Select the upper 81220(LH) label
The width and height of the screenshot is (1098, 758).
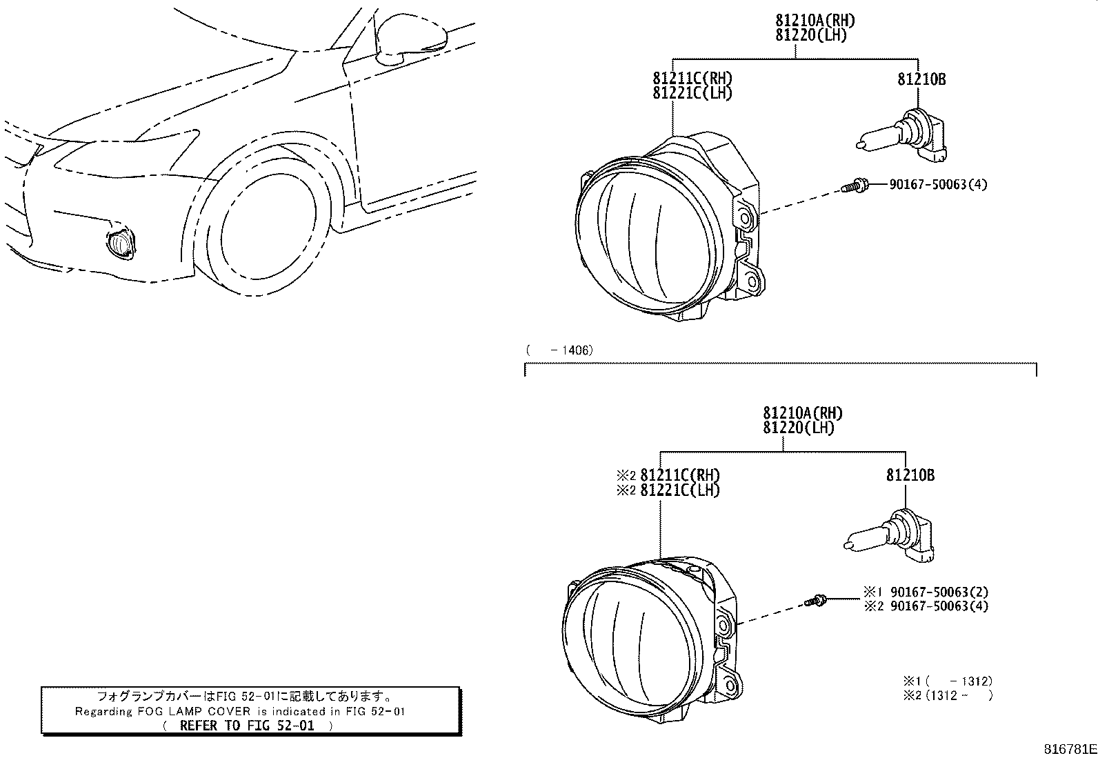coord(810,35)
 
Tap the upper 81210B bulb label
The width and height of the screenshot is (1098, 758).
coord(921,80)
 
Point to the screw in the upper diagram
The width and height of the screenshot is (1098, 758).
coord(853,186)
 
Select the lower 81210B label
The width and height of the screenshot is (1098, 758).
coord(910,476)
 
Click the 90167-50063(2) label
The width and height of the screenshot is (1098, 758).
coord(939,592)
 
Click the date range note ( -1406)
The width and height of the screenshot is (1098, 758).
coord(559,350)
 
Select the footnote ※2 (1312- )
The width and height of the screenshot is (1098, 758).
coord(948,695)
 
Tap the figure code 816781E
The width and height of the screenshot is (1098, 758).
coord(1068,748)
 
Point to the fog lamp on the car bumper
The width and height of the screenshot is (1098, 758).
coord(119,243)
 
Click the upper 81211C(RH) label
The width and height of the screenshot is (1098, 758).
coord(692,78)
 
